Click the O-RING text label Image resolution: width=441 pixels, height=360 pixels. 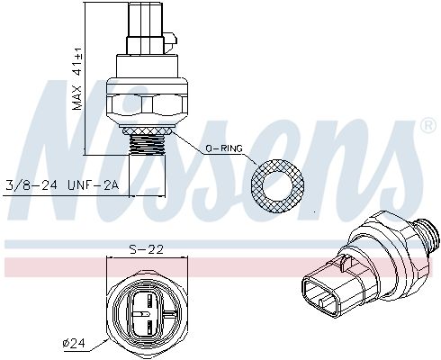[224, 148]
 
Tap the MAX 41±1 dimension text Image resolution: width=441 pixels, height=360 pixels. [77, 81]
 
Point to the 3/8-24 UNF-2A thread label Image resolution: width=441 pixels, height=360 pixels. [63, 185]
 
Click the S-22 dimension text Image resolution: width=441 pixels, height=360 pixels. [147, 250]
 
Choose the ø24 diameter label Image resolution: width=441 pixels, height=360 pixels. [74, 342]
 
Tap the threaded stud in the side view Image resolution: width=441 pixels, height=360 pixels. [148, 144]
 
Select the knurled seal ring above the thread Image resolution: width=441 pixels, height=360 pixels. [147, 130]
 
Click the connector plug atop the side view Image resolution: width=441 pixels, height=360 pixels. [146, 28]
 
